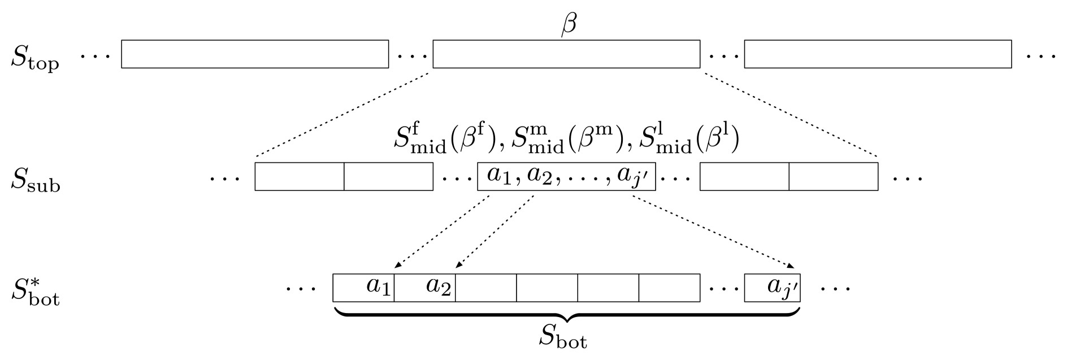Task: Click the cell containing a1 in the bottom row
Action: tap(364, 288)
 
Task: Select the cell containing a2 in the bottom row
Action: tap(425, 288)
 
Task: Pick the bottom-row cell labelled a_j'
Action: tap(773, 288)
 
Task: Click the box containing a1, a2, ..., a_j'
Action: tap(566, 176)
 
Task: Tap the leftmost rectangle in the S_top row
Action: tap(255, 54)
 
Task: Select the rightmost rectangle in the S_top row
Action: tap(878, 54)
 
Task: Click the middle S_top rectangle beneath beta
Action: tap(566, 54)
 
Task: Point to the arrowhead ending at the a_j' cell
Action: tap(792, 266)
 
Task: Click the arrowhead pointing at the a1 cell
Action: tap(397, 266)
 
